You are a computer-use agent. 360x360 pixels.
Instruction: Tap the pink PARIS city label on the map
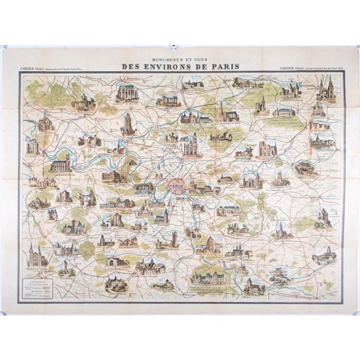pos(178,183)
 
